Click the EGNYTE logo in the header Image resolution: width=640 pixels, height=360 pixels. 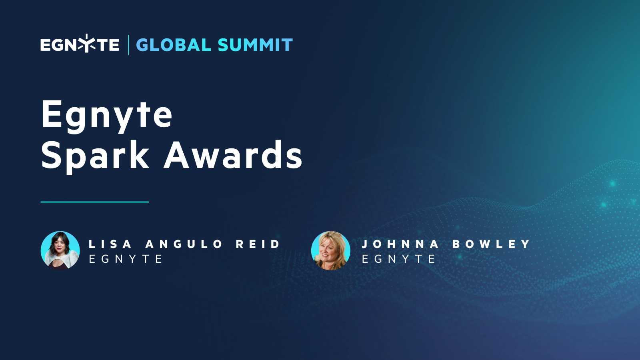[80, 44]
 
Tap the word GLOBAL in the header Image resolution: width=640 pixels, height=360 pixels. [174, 45]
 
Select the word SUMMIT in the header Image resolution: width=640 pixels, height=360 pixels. [255, 45]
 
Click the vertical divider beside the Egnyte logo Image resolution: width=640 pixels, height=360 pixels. [128, 45]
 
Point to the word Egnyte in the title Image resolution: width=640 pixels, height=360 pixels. [107, 115]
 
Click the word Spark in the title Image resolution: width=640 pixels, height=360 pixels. [95, 155]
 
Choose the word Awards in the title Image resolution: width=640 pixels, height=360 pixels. [233, 155]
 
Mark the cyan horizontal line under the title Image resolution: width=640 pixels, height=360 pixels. [95, 202]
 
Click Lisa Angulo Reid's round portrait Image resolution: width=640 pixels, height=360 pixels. [60, 250]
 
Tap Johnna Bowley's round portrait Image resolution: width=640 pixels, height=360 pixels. [331, 250]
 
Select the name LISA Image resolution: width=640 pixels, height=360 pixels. [110, 244]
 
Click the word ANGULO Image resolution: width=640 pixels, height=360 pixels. [184, 244]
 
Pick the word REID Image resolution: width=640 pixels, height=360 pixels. [258, 244]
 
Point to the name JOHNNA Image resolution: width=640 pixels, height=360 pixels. [400, 244]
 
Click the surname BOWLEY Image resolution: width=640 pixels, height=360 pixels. [491, 244]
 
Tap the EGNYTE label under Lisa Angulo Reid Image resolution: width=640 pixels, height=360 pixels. [125, 259]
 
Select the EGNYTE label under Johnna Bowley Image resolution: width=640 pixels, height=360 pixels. [398, 259]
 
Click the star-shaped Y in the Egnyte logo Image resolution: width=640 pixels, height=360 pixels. [87, 44]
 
